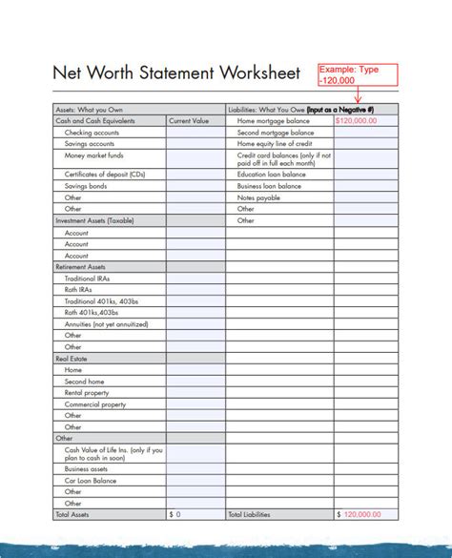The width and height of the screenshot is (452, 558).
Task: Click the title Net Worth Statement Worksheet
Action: click(176, 73)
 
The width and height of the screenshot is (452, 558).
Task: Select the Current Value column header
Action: click(189, 122)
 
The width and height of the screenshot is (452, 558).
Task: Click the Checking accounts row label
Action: click(92, 133)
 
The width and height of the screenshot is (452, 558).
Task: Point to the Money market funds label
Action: click(93, 155)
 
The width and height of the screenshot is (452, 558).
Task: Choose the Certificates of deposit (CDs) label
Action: click(106, 175)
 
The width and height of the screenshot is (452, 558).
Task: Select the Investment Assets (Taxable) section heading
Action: click(95, 220)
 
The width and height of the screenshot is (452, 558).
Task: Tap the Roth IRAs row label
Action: click(78, 289)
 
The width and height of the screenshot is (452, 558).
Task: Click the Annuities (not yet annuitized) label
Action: click(104, 324)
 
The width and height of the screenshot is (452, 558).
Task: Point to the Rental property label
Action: click(87, 393)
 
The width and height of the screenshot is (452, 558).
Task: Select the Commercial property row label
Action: click(94, 404)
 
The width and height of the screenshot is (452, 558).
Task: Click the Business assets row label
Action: click(86, 469)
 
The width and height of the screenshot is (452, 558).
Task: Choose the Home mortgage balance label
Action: click(274, 122)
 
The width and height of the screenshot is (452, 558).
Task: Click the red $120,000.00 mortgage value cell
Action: click(357, 122)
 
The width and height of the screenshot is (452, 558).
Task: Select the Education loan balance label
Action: click(272, 175)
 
